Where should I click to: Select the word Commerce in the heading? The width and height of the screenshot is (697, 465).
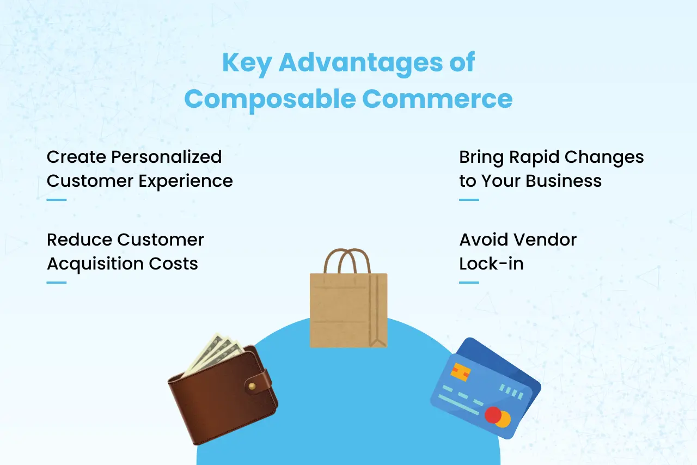pos(437,99)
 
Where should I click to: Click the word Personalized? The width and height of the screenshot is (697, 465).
pos(166,157)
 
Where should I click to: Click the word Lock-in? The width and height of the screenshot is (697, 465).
pos(491,264)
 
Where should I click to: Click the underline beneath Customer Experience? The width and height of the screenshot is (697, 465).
pos(56,199)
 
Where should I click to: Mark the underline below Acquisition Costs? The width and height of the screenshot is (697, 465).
pos(56,282)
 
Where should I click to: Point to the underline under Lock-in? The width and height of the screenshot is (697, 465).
pos(469,282)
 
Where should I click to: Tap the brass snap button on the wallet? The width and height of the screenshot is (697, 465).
pos(252,386)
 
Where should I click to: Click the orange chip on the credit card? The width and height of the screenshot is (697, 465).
pos(461,372)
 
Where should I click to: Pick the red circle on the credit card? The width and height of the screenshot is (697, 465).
pos(493,415)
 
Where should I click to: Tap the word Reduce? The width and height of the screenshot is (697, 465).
pos(80,240)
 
